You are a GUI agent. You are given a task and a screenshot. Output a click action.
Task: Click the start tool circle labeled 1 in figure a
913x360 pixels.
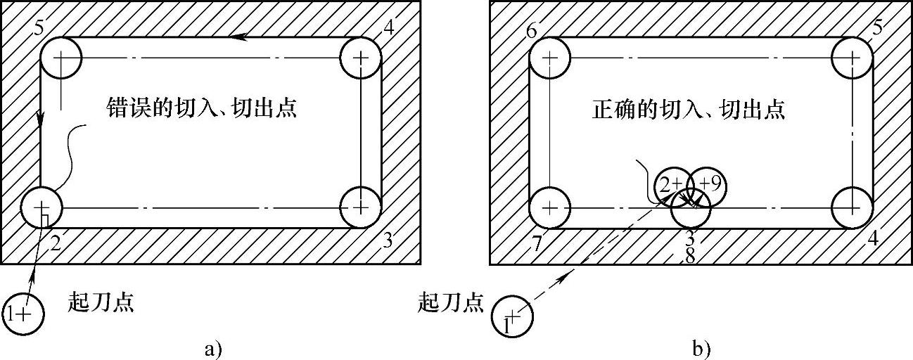24,314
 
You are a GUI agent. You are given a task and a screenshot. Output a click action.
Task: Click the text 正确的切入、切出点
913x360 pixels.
687,110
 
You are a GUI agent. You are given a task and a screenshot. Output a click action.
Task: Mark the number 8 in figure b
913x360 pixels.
690,257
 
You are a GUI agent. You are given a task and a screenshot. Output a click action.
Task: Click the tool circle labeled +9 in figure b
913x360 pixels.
706,184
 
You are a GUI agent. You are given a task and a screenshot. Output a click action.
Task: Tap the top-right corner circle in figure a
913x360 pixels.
361,58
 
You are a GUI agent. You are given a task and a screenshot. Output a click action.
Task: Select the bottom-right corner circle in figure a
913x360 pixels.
361,207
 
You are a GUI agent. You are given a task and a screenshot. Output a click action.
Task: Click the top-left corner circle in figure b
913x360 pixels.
549,58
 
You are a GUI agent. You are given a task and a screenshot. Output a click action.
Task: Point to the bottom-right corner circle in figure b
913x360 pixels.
852,207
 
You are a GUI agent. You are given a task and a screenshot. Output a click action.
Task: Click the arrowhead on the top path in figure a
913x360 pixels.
241,37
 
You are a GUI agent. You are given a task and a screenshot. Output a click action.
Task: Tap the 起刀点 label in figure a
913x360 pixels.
101,304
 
